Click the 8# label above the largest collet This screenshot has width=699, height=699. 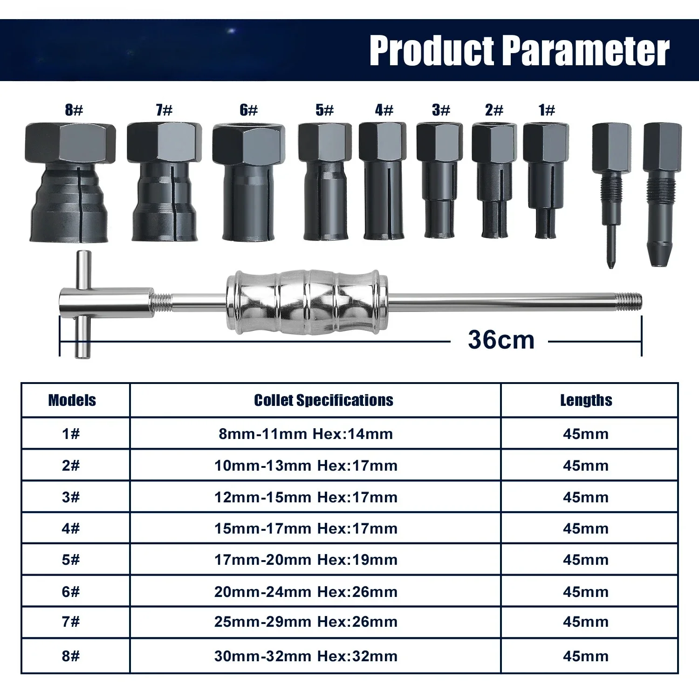click(74, 110)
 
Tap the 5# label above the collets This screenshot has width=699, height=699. click(324, 110)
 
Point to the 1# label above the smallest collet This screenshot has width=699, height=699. click(547, 110)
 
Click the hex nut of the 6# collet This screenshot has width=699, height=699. click(249, 144)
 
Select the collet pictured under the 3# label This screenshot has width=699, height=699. click(439, 180)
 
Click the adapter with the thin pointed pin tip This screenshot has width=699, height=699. click(611, 195)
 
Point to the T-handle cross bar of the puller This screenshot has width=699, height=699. click(83, 304)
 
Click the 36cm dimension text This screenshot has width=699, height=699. click(501, 340)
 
